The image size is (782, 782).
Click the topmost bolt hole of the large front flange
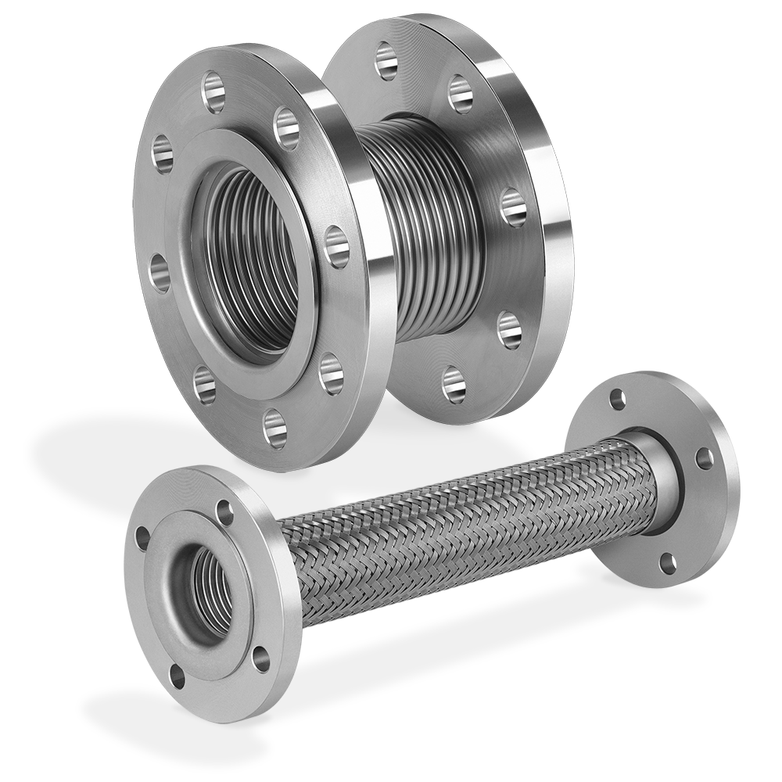(213, 84)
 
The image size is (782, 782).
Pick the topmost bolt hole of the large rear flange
(386, 61)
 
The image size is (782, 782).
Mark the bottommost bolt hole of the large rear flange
(454, 383)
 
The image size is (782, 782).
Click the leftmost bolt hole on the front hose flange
(142, 539)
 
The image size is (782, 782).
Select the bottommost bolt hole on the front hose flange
(178, 674)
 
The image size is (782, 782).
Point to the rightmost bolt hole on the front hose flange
(260, 658)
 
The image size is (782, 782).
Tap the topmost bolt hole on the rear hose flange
(619, 398)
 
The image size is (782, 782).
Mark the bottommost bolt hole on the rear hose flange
(667, 561)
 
